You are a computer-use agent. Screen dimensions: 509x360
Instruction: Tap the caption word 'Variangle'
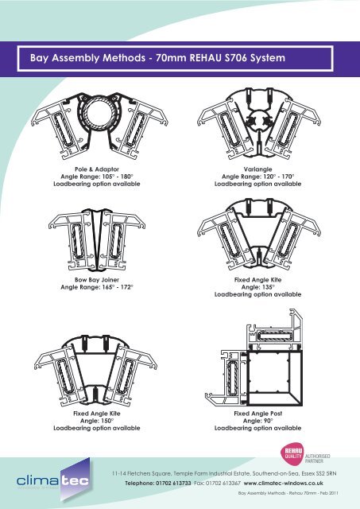point(254,169)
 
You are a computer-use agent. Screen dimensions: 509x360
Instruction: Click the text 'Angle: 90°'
point(254,421)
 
